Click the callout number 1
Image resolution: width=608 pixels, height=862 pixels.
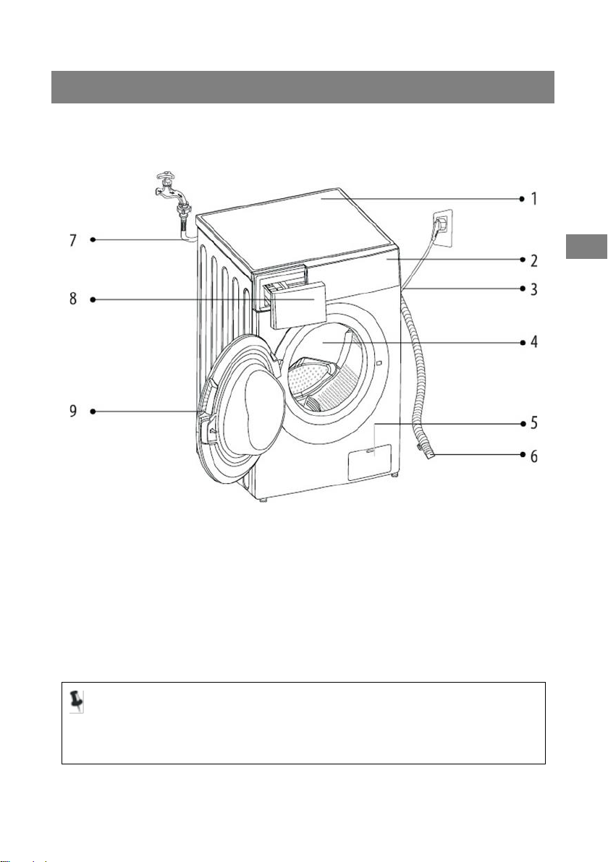(533, 198)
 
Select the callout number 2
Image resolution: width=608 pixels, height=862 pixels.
(533, 258)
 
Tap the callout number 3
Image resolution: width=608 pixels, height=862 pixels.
(533, 289)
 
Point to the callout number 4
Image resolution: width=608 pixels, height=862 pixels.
(533, 341)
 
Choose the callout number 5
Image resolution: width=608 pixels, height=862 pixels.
(533, 422)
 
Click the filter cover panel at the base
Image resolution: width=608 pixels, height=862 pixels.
(369, 462)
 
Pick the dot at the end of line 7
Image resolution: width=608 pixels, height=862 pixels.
(93, 239)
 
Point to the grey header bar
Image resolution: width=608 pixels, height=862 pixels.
(303, 87)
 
